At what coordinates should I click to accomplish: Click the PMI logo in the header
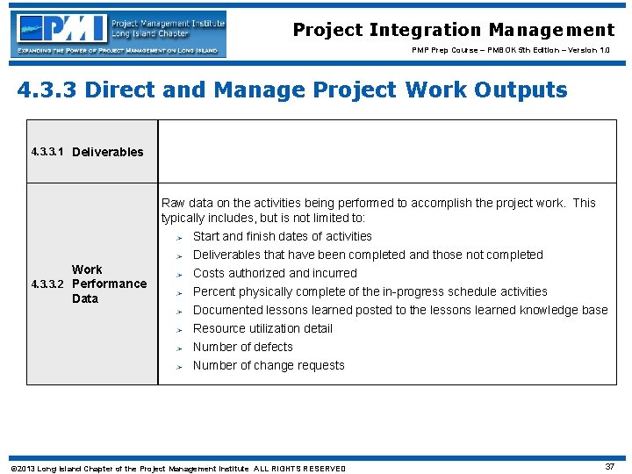(x=118, y=33)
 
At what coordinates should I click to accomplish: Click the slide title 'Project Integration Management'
(x=453, y=30)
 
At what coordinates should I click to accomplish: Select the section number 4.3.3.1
(x=48, y=152)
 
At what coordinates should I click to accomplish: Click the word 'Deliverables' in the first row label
(x=107, y=152)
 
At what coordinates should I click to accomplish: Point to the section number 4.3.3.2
(x=48, y=284)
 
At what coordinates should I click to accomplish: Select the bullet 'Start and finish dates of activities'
(x=282, y=236)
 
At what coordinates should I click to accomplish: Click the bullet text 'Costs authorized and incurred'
(x=275, y=273)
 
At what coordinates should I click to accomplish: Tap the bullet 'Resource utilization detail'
(x=262, y=328)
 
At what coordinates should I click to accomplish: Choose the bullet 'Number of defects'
(x=242, y=347)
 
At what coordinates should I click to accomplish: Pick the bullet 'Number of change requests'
(x=269, y=365)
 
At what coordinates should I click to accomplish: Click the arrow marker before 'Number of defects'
(x=177, y=348)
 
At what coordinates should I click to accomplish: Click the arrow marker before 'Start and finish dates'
(x=177, y=237)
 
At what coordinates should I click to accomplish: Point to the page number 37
(x=610, y=467)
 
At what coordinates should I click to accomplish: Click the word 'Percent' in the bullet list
(x=215, y=291)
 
